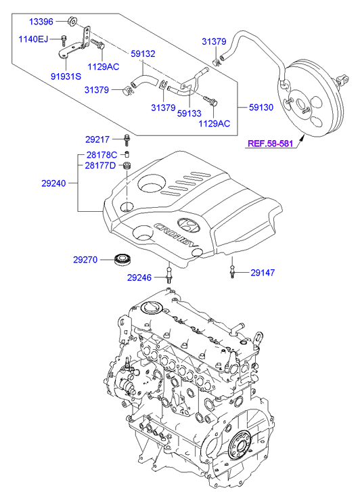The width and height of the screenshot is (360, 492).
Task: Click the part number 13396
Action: coord(41,22)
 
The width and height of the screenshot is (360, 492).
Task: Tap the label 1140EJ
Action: coord(33,39)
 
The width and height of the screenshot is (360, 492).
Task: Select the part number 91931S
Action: coord(66,76)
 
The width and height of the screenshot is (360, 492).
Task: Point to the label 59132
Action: coord(143,53)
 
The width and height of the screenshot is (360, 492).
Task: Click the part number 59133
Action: coord(189,113)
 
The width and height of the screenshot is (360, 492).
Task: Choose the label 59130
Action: coord(261,108)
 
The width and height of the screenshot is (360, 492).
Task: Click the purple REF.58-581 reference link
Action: coord(270,143)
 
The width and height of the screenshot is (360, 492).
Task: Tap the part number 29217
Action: coord(97,139)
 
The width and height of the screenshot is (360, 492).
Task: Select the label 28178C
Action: coord(102,155)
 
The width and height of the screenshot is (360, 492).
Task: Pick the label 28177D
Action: coord(100,165)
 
